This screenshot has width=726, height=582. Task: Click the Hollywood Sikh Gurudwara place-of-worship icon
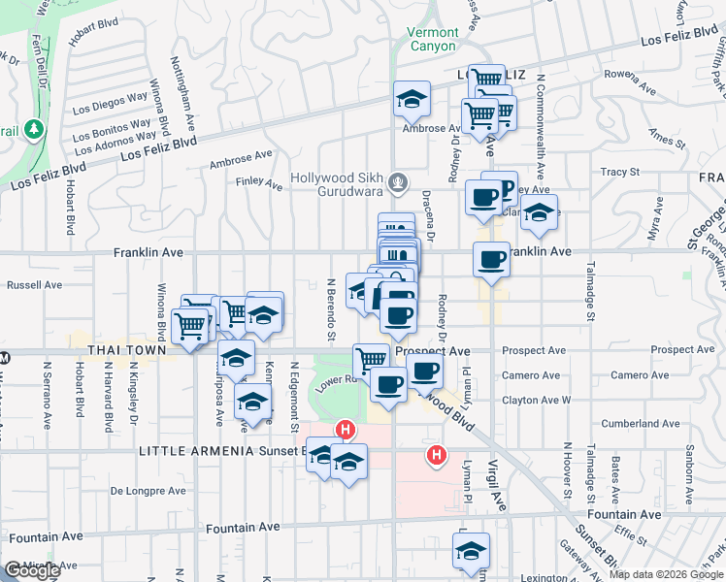tap(396, 181)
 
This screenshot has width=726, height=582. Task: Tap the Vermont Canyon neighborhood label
tap(431, 39)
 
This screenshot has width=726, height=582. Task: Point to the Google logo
tap(31, 570)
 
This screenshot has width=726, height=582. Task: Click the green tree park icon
tap(35, 128)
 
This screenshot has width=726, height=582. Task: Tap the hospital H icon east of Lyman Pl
tap(437, 453)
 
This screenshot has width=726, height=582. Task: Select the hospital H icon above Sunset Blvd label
tap(344, 429)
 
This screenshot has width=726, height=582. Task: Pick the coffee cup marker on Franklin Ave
tap(492, 259)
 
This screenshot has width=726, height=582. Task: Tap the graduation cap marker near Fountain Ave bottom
tap(470, 552)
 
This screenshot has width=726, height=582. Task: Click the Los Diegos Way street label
tap(109, 105)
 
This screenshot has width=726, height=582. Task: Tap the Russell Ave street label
tap(34, 285)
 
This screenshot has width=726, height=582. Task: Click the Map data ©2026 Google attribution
tap(666, 574)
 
